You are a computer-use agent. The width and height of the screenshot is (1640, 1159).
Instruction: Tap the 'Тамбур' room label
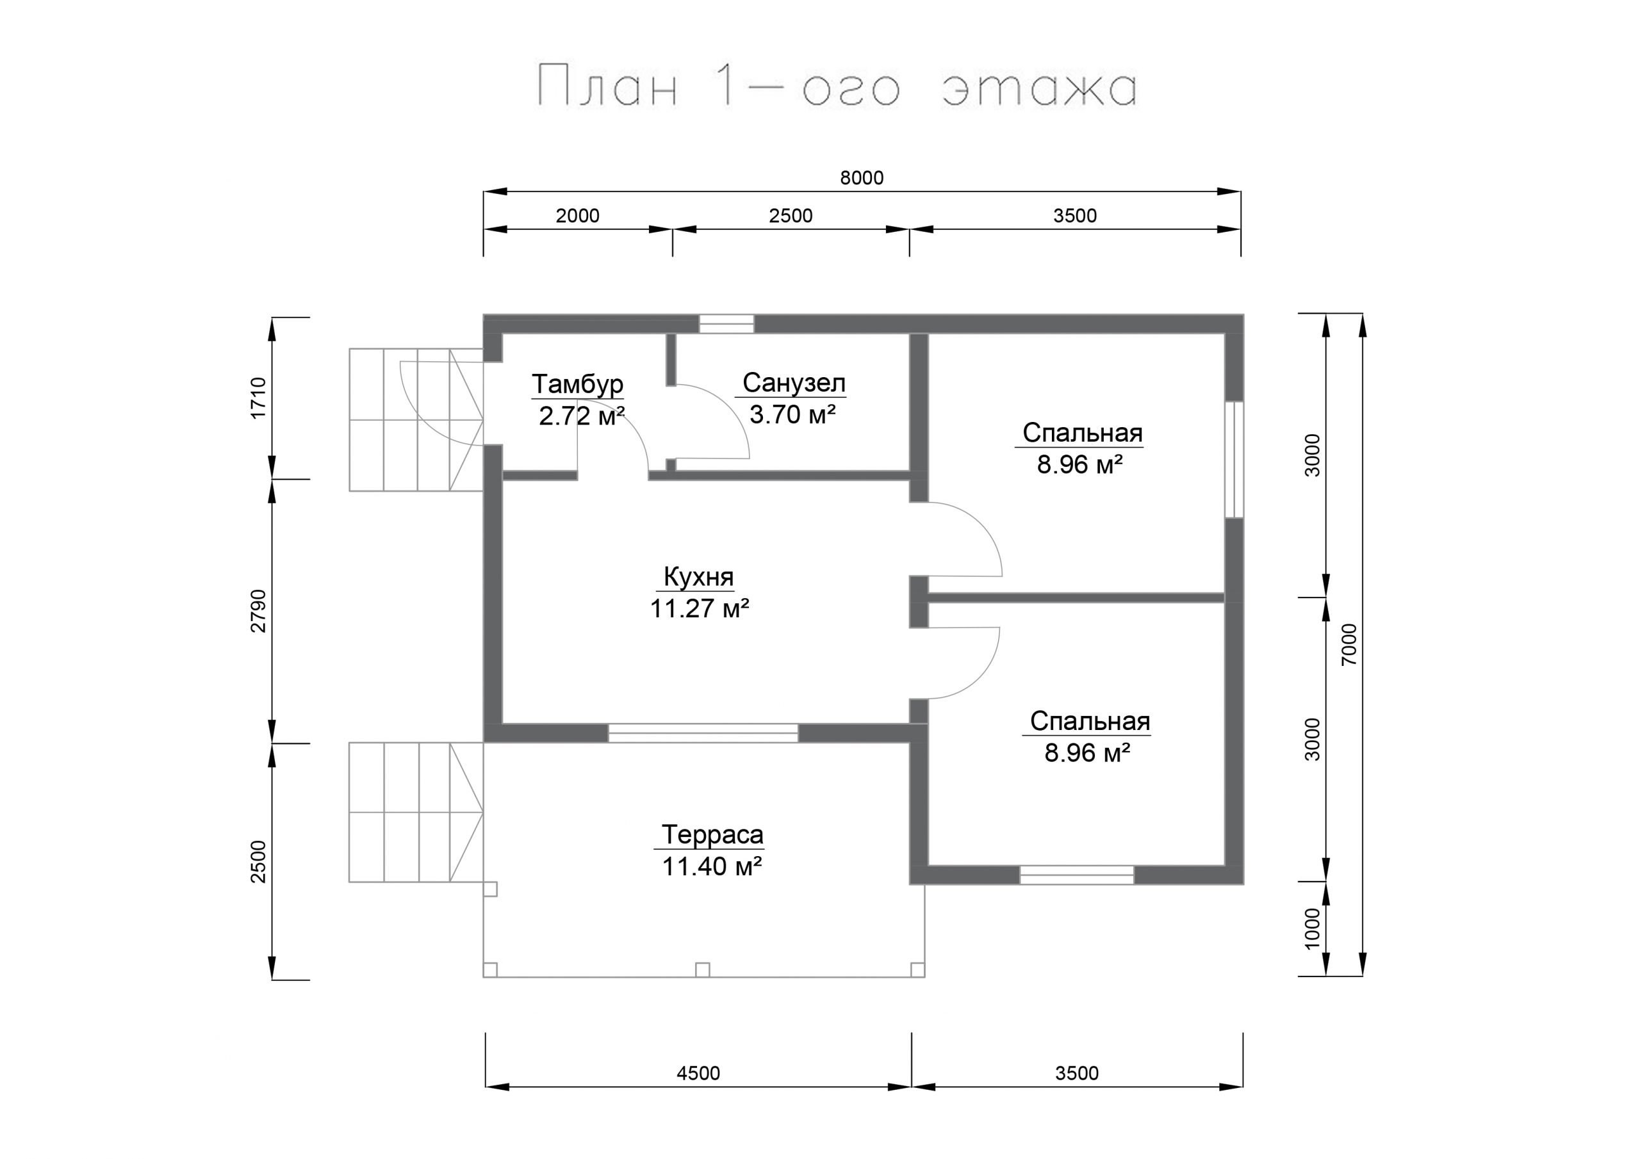577,384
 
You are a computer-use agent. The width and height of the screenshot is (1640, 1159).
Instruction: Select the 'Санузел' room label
794,383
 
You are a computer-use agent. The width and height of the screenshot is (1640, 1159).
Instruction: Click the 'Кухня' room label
698,576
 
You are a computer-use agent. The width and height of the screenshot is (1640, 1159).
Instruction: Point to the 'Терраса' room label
712,834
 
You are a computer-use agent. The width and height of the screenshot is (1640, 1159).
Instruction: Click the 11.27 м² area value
700,609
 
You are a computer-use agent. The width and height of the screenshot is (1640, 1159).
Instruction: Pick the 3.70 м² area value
793,414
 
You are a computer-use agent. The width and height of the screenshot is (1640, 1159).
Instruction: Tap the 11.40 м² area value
712,866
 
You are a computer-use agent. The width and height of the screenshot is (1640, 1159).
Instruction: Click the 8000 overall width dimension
862,178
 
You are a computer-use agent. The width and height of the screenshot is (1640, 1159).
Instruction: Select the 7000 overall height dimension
1349,644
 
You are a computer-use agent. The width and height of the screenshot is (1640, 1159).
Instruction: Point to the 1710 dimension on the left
258,398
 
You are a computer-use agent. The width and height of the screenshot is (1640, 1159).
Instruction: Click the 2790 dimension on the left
258,611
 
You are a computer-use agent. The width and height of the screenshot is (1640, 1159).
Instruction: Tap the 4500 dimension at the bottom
698,1073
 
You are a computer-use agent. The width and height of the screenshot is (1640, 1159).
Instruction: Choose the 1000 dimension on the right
1313,928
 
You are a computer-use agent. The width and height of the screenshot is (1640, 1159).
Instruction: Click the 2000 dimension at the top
577,216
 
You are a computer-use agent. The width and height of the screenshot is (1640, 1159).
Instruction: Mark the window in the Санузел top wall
726,324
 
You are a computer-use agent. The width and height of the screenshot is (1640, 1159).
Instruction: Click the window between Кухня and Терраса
703,733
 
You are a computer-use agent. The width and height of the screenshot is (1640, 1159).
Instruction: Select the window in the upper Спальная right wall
1234,460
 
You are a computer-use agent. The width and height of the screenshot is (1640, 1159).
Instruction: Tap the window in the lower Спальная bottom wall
1076,875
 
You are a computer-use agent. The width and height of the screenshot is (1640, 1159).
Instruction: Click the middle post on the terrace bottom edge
702,969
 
